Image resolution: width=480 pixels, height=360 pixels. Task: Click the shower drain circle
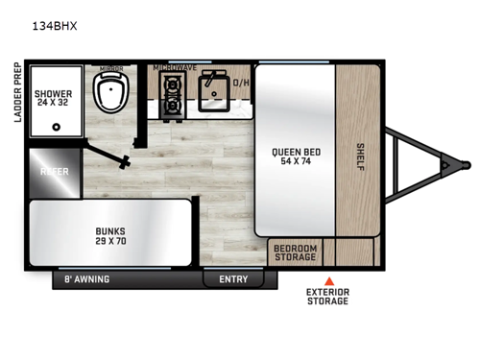tap(57, 125)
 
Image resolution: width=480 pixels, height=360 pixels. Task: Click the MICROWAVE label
tap(175, 68)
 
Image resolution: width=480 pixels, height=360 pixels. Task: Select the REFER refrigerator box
tap(54, 170)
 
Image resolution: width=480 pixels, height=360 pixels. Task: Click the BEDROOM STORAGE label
tap(295, 252)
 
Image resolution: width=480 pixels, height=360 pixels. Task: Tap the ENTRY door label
tap(233, 279)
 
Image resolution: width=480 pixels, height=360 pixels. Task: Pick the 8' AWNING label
tap(86, 279)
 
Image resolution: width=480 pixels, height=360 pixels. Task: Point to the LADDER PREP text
tap(16, 92)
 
